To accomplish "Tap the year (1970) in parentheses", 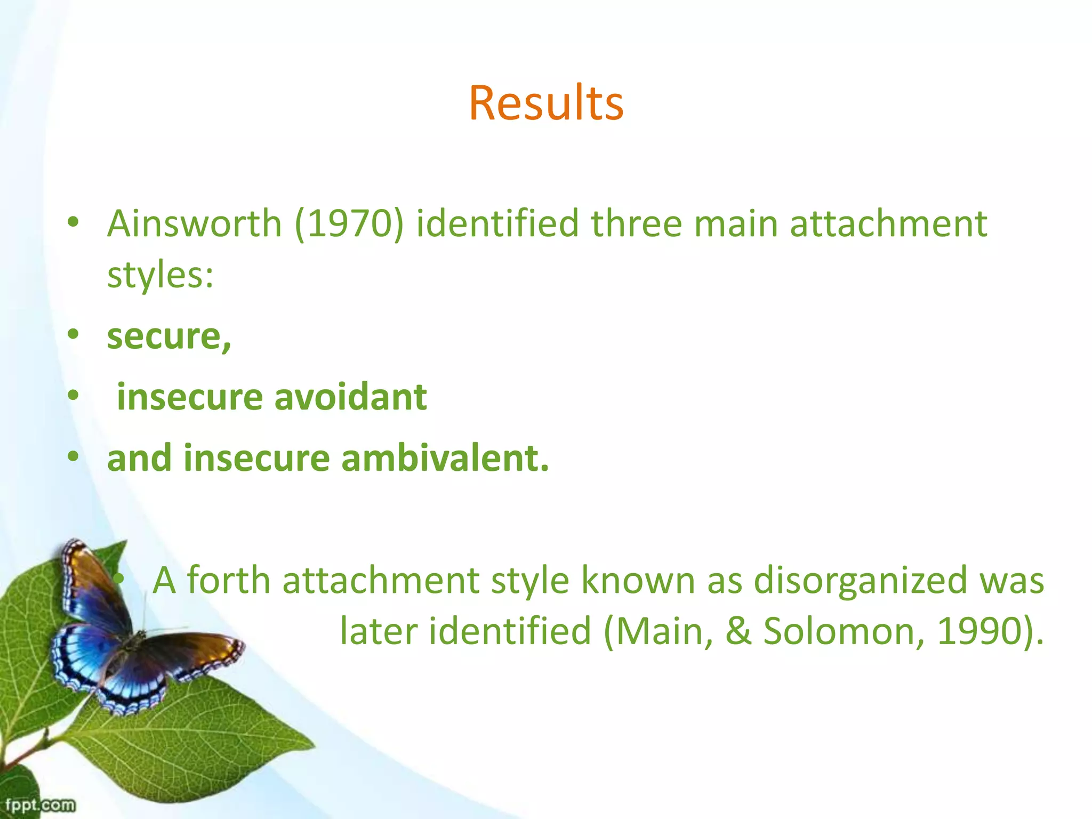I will tap(349, 223).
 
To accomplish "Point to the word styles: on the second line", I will tap(160, 275).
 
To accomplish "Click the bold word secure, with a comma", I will tap(169, 337).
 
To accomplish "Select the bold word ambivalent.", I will tap(445, 459).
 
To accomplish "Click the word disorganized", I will tap(860, 580).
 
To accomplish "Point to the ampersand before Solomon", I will tap(738, 631).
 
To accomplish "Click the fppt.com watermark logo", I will tap(40, 804).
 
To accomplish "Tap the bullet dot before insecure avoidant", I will tap(74, 396).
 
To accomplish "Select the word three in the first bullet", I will tap(636, 223).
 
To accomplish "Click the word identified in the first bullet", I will tap(497, 223).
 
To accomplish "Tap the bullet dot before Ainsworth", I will tap(74, 222).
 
